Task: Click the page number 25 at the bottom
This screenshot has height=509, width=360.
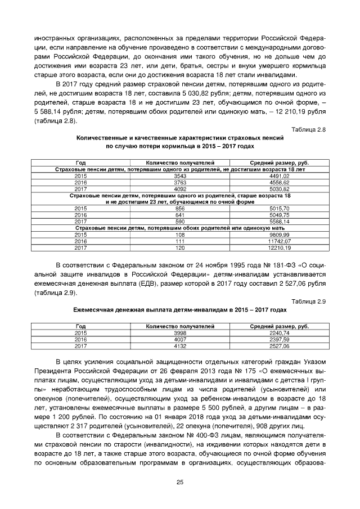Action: click(180, 482)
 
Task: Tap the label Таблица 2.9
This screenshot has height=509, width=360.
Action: click(309, 301)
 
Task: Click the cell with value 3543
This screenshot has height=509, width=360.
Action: click(180, 177)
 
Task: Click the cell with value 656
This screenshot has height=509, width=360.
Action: click(180, 208)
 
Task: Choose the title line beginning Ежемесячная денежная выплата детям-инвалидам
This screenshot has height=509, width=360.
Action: click(180, 310)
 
